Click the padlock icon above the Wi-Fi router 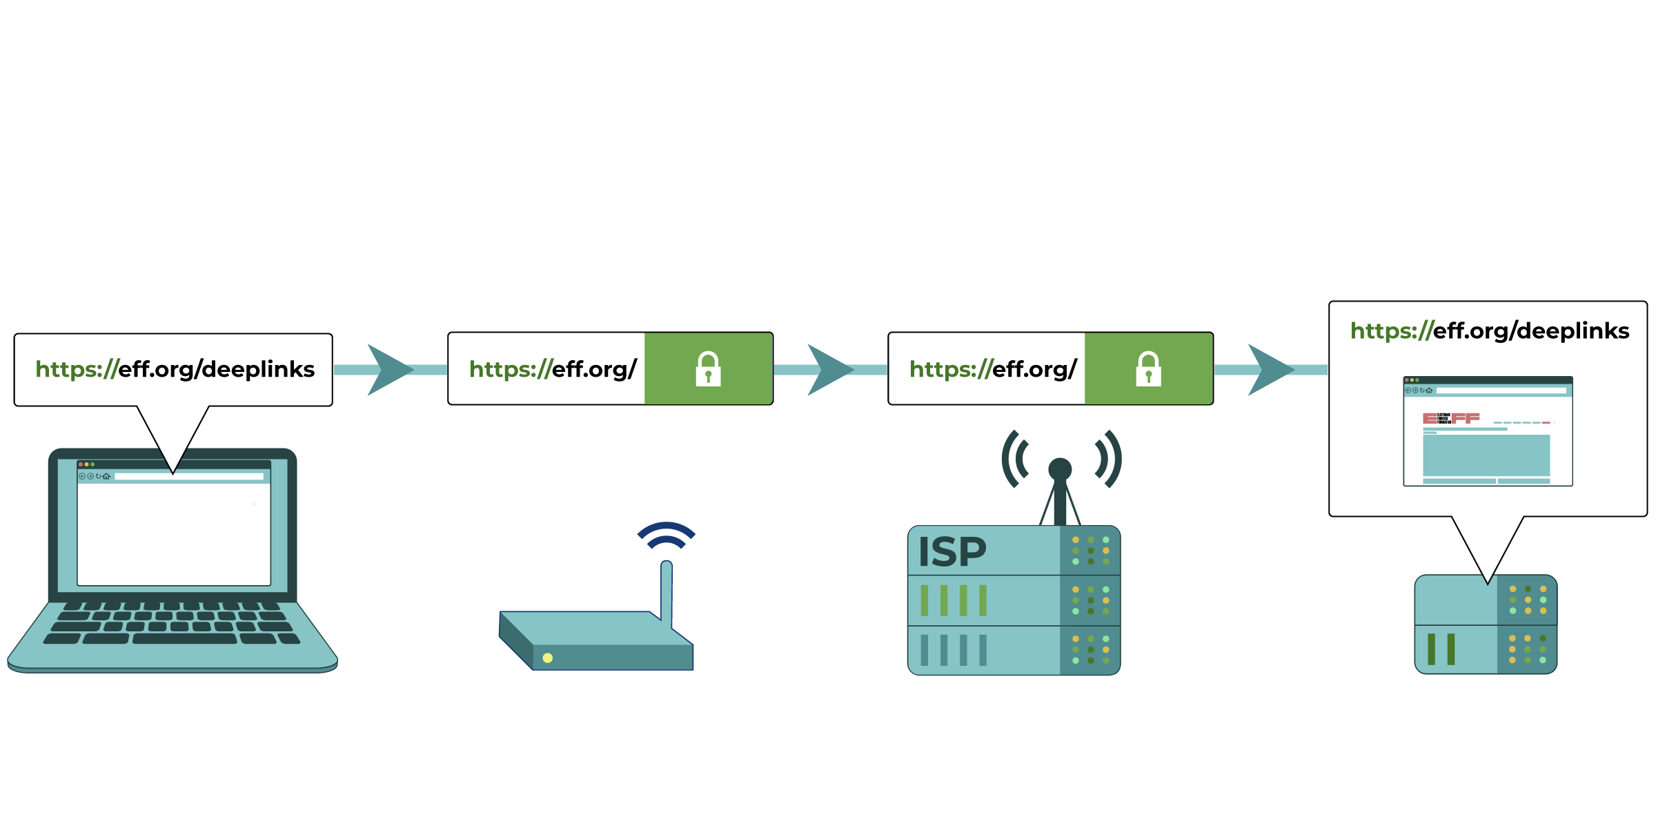coord(708,368)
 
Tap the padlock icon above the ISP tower coord(1148,368)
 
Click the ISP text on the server coord(952,552)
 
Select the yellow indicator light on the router coord(548,658)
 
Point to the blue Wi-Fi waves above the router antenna coord(667,534)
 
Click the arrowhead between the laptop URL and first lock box coord(389,370)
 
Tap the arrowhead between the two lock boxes coord(829,370)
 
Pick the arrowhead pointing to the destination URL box coord(1270,370)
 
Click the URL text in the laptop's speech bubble coord(175,369)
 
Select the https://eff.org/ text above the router coord(552,369)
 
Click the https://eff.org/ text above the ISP coord(992,369)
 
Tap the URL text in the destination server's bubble coord(1489,331)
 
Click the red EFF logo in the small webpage coord(1451,418)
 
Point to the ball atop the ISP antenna coord(1060,469)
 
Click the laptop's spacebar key coord(184,639)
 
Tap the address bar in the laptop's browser coord(188,476)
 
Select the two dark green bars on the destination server coord(1441,649)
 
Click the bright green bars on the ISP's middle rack coord(954,600)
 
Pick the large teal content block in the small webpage coord(1486,455)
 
